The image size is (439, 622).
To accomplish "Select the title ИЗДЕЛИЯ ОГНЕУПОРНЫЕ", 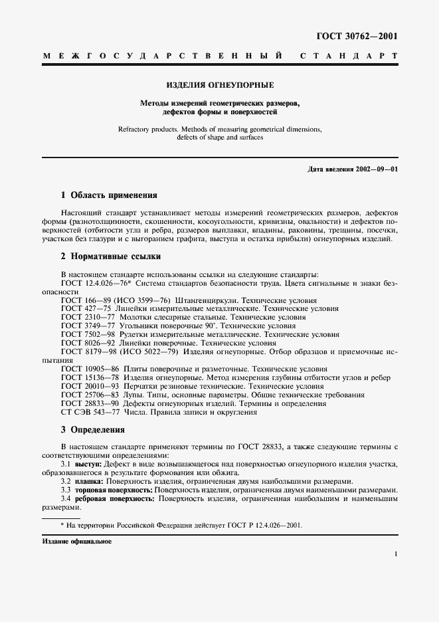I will point(220,85).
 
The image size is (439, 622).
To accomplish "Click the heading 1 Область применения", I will point(109,195).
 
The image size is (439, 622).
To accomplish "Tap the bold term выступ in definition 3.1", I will point(90,464).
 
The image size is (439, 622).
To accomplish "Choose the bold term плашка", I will point(91,480).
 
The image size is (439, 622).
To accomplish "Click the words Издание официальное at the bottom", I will point(77,542).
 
